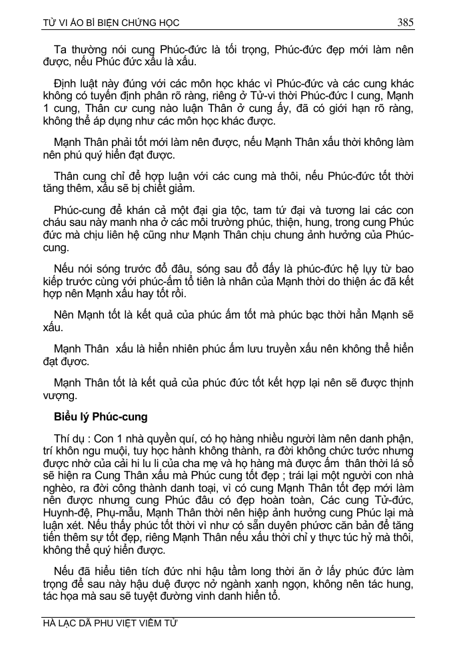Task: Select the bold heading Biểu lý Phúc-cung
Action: pyautogui.click(x=101, y=417)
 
